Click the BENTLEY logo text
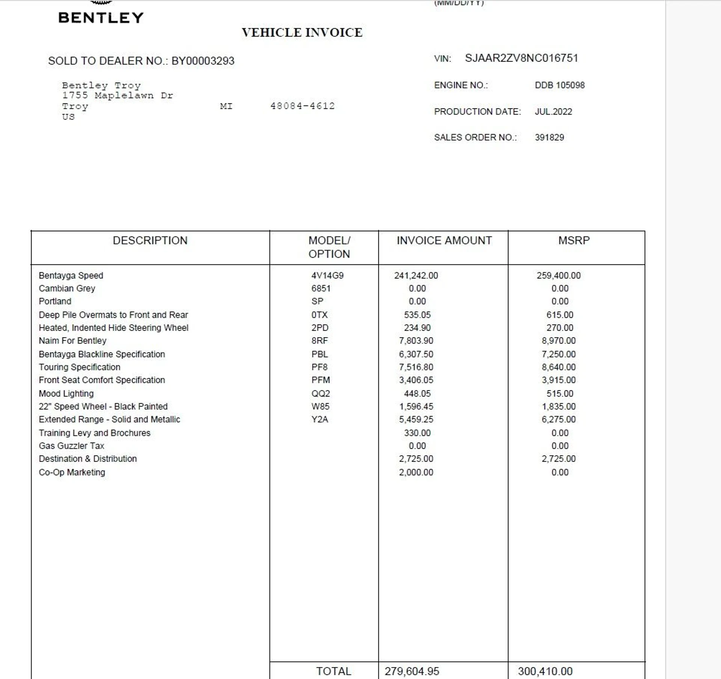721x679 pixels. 101,18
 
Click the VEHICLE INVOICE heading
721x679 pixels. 302,33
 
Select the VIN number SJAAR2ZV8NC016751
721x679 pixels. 521,58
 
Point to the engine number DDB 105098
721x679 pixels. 560,85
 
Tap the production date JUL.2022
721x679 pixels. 553,111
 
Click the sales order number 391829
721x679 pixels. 549,137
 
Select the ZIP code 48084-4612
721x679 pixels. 302,106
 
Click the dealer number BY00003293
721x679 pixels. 203,61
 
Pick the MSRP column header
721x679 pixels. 574,240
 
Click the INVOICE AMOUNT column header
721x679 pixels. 444,240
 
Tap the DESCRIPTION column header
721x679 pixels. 150,240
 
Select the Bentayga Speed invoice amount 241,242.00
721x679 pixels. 416,276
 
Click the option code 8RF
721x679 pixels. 319,340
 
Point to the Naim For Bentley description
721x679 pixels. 72,340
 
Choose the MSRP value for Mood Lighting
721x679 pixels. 560,393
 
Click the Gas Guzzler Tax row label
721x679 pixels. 71,446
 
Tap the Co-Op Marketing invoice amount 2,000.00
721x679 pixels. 416,472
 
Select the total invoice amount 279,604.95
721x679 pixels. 412,671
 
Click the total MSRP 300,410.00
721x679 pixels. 545,671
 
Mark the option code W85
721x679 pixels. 320,406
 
